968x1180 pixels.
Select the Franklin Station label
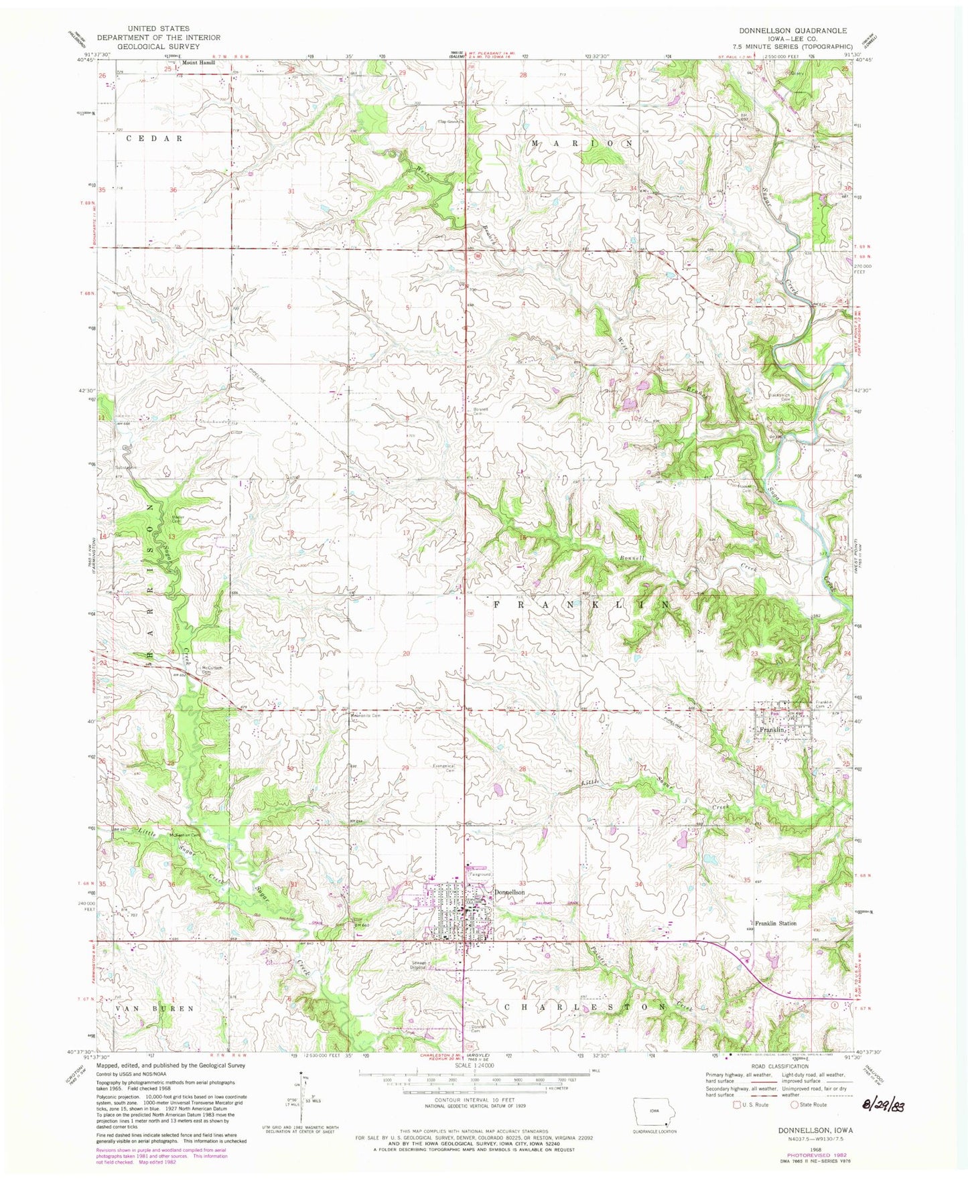(776, 923)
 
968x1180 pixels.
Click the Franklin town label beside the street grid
(771, 729)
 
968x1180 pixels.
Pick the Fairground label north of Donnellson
(480, 875)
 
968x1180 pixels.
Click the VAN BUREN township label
(146, 1008)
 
